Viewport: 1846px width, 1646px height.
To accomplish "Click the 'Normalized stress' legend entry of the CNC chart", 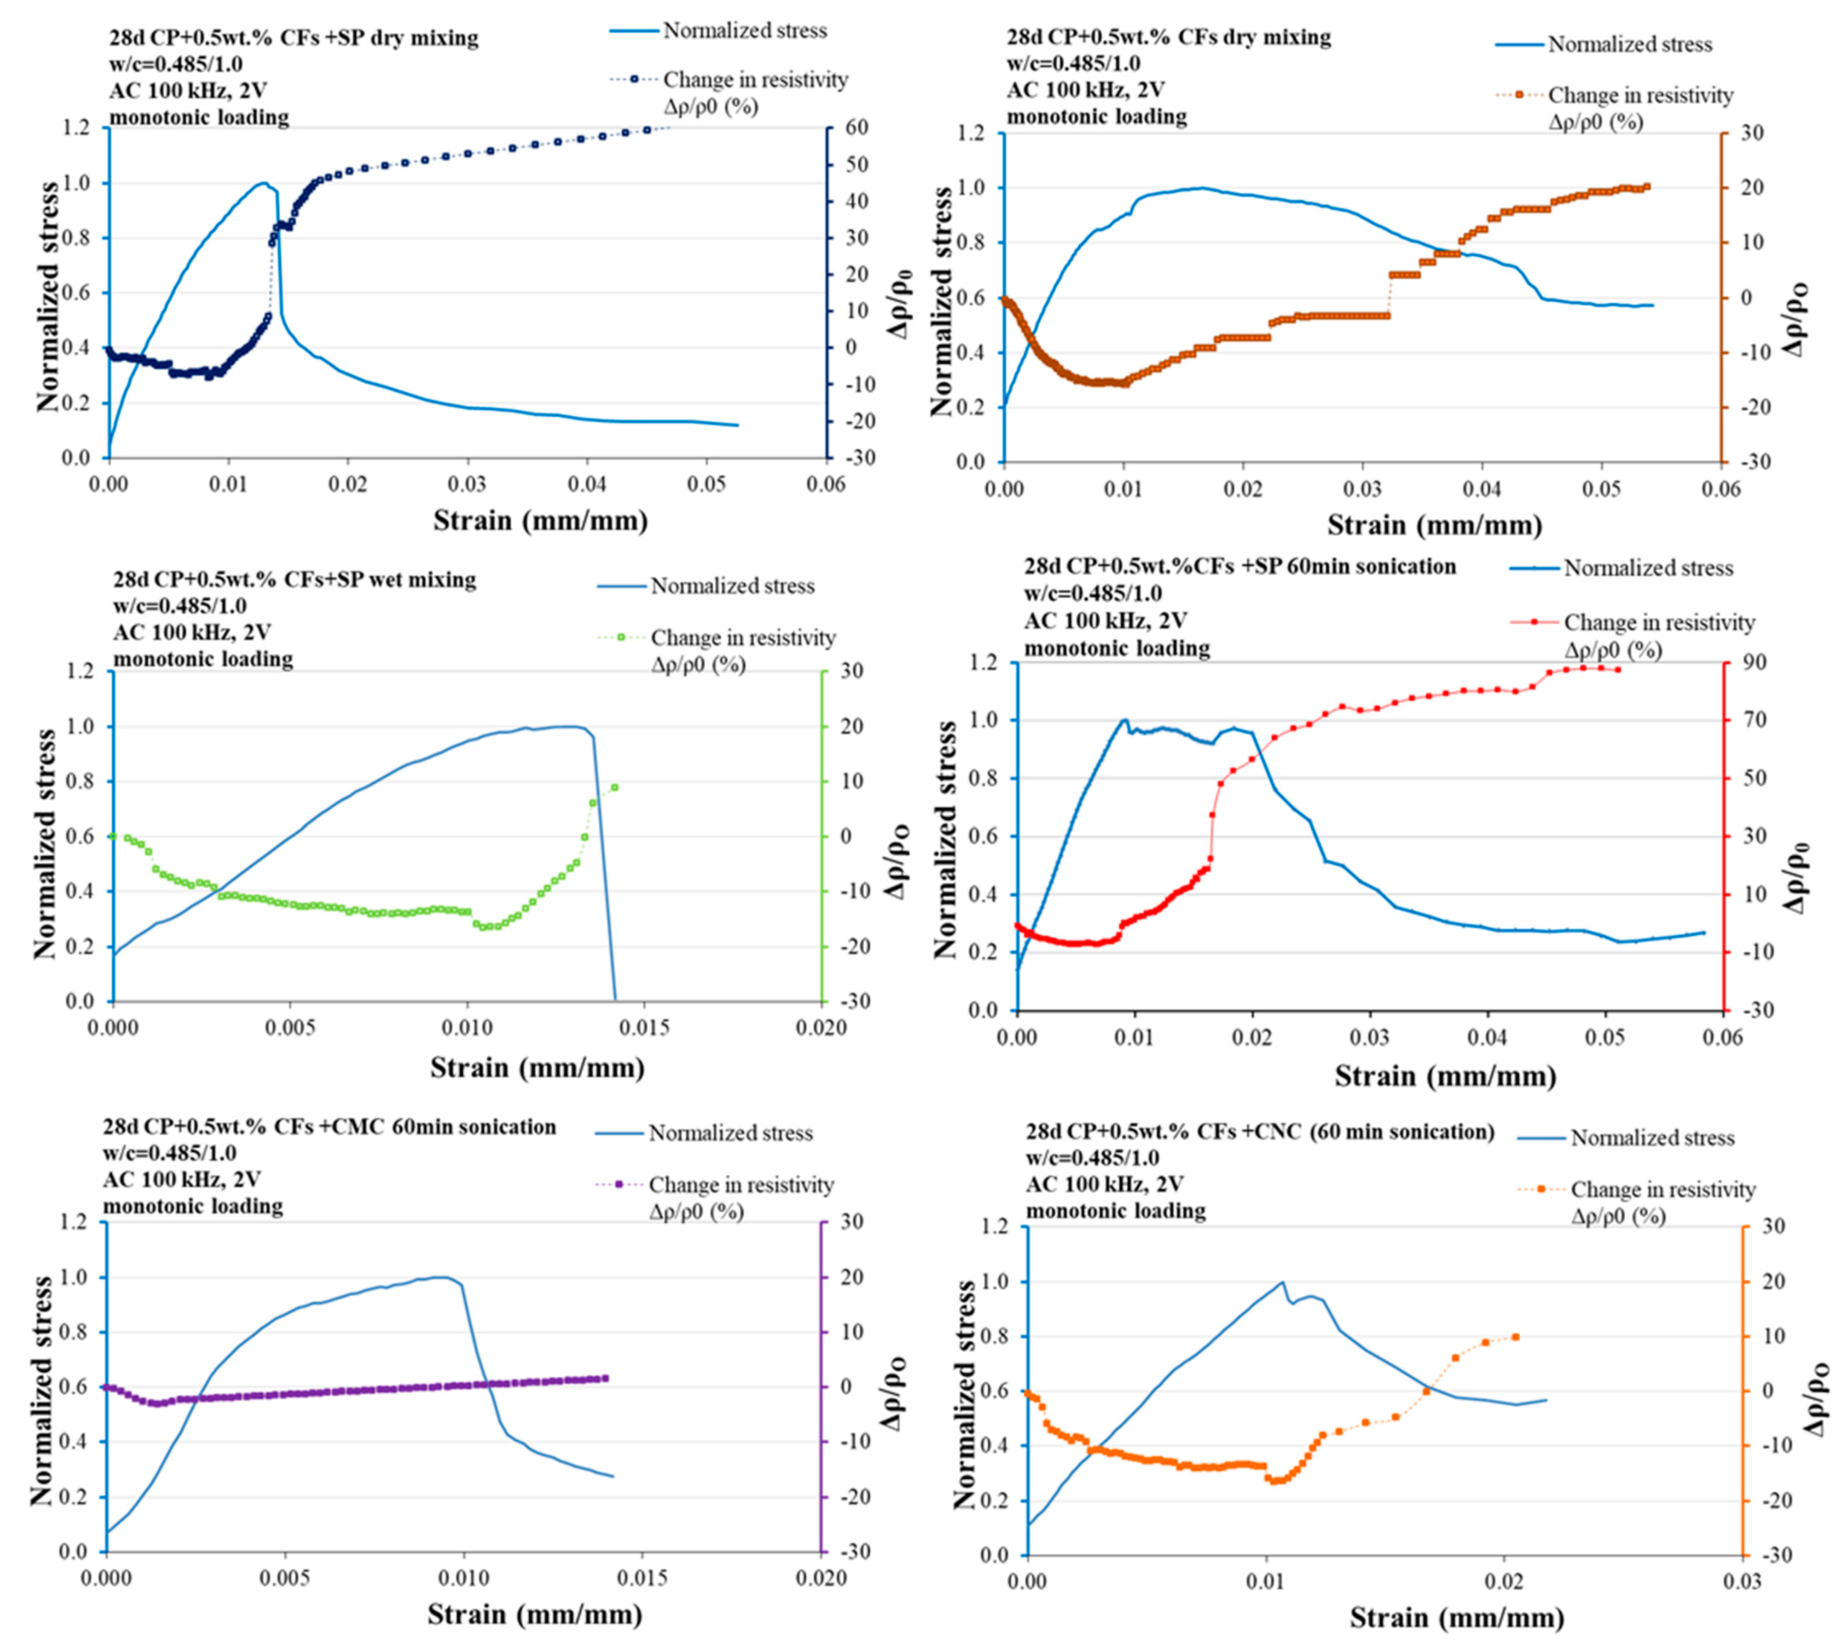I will click(x=1652, y=1138).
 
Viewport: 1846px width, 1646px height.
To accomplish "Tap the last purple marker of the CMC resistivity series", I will click(x=605, y=1378).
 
